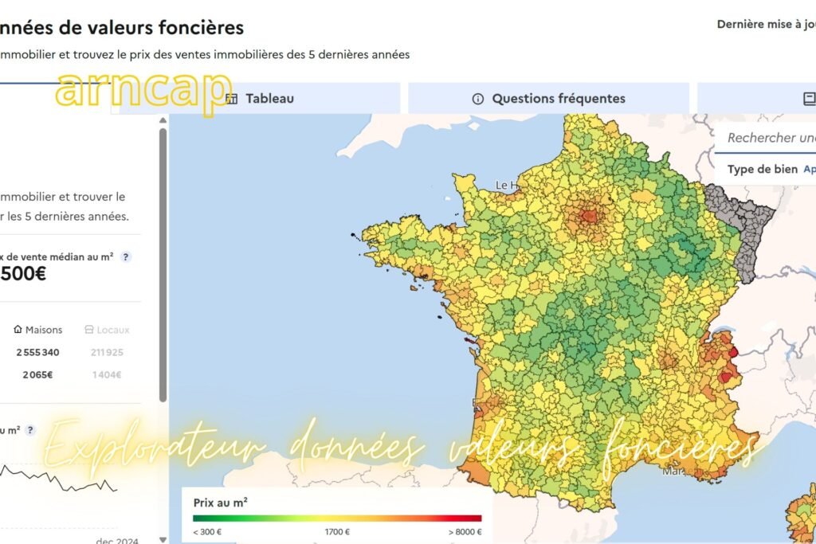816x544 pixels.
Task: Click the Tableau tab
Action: [x=269, y=99]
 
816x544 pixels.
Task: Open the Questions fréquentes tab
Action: [x=558, y=99]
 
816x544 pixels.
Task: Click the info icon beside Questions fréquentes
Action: [x=478, y=100]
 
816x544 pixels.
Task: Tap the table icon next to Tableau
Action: [x=232, y=99]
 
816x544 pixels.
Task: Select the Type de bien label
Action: [x=761, y=170]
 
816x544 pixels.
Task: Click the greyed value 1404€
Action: [x=106, y=374]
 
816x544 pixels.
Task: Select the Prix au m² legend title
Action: [x=220, y=503]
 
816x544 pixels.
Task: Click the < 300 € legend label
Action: [x=207, y=531]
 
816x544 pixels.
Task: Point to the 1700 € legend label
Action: [x=338, y=531]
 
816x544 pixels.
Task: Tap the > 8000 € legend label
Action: [x=465, y=531]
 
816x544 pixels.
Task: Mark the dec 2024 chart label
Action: [x=117, y=541]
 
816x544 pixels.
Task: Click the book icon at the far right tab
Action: [x=810, y=99]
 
